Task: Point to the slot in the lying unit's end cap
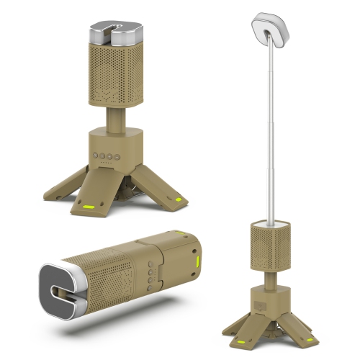58,289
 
